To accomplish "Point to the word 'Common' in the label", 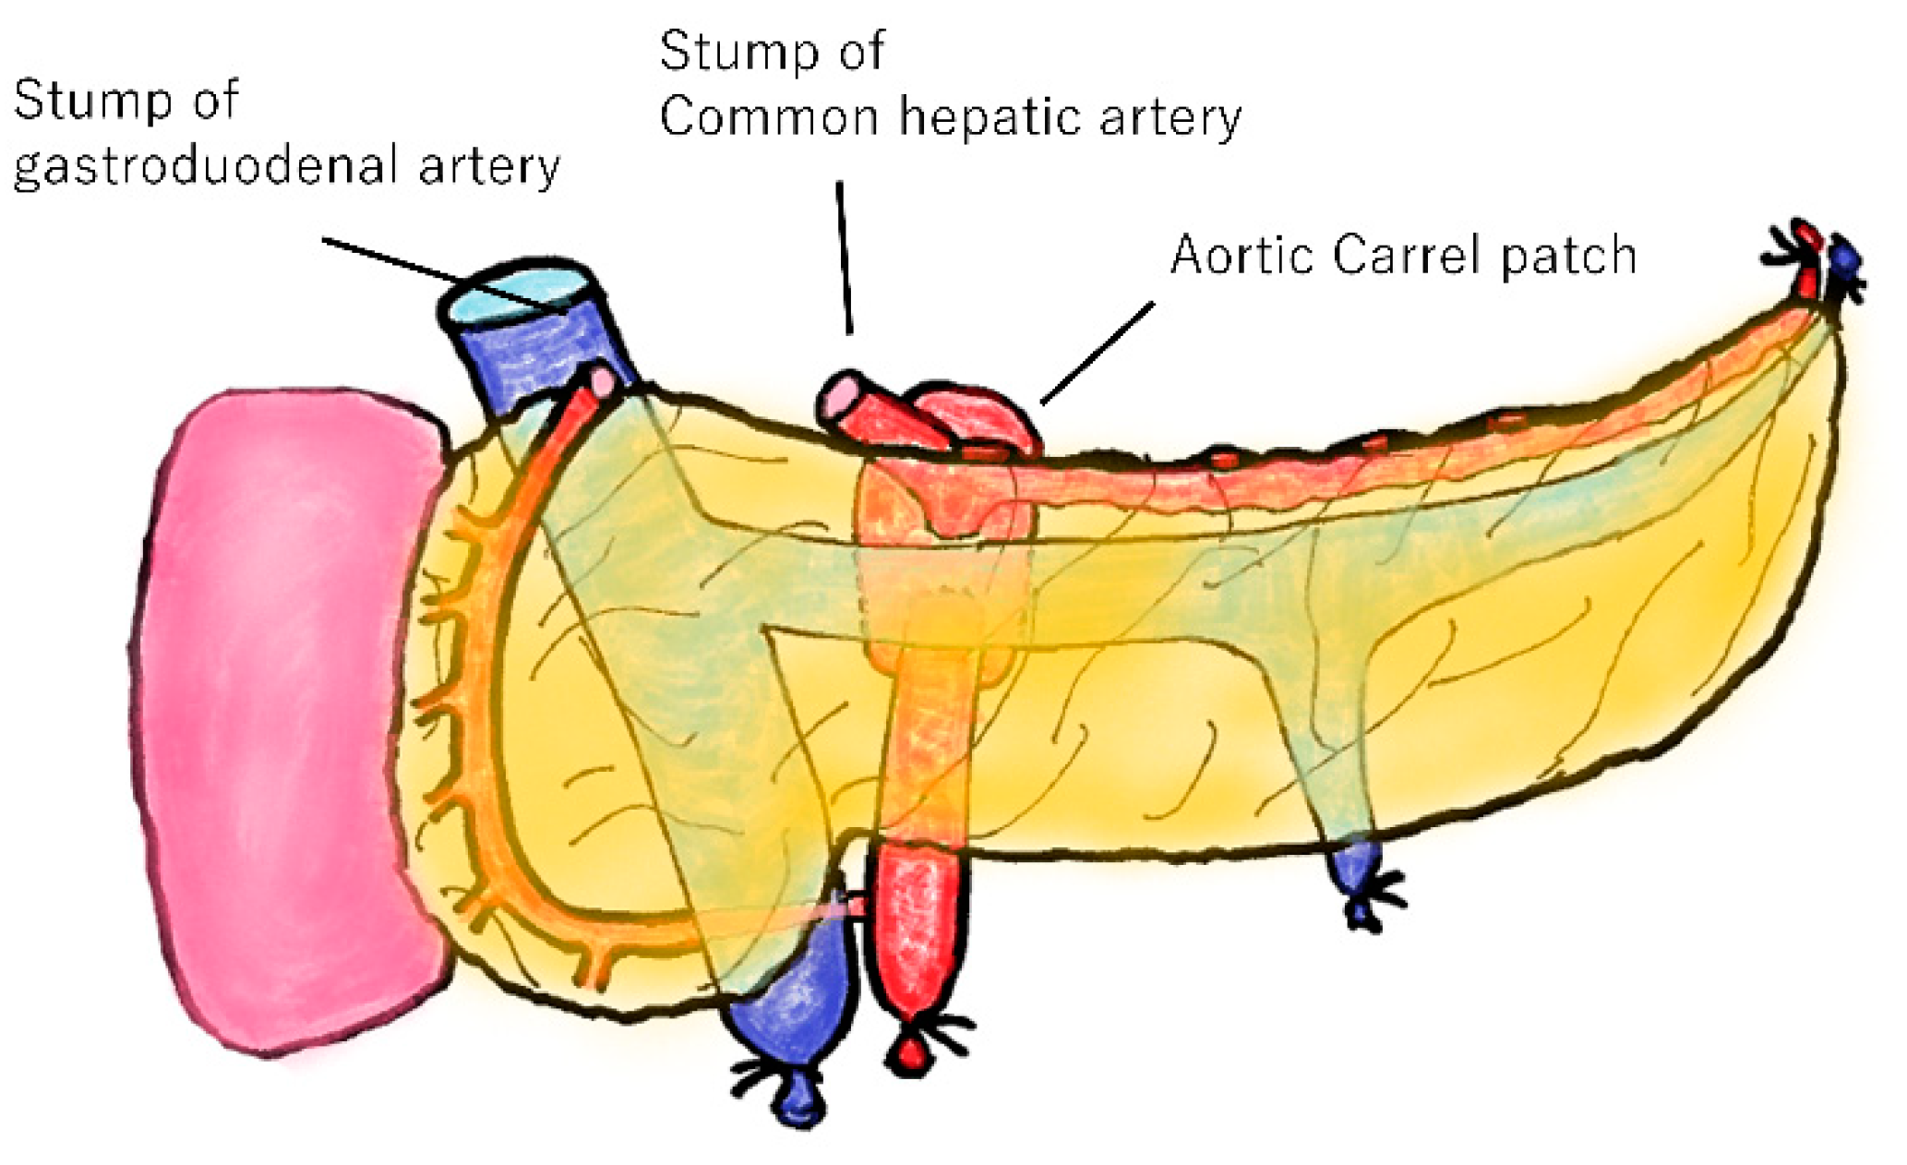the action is coord(768,118).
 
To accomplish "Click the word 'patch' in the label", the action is coord(1568,257).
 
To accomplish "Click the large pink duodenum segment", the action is coord(277,720).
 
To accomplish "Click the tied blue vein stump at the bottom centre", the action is coord(794,1025).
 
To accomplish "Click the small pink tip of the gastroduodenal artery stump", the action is coord(602,381).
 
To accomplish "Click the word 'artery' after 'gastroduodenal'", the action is coord(489,167).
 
